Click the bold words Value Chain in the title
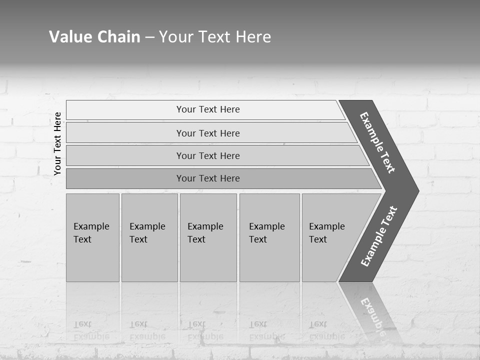[94, 37]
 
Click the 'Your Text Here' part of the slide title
[215, 37]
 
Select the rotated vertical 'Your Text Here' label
[57, 144]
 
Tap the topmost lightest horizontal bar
[125, 110]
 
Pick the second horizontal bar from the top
[125, 133]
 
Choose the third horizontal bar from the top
[125, 155]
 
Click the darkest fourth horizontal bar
[125, 178]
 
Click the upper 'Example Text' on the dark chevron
[377, 142]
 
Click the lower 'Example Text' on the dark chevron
[379, 236]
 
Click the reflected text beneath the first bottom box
[91, 330]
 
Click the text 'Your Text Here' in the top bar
[208, 109]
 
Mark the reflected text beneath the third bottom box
[205, 330]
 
